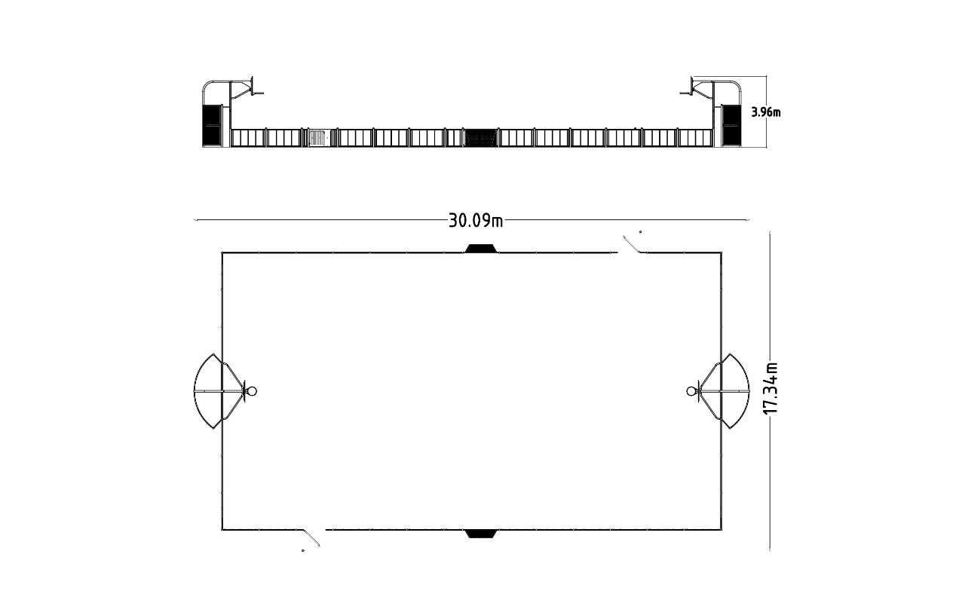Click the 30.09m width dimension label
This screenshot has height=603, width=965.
476,220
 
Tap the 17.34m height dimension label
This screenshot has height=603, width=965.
770,387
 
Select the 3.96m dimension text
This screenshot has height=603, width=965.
766,112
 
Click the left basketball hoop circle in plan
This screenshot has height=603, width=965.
252,390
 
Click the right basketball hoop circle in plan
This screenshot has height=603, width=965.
691,390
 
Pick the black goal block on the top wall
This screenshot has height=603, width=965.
480,249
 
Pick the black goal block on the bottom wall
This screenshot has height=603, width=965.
481,534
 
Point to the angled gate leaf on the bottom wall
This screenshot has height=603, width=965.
311,537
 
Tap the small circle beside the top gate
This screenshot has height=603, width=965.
641,232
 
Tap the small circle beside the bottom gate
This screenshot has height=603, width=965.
303,551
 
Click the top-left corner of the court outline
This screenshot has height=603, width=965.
222,253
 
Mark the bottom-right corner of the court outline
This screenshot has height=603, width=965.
721,530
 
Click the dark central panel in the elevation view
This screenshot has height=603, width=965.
480,138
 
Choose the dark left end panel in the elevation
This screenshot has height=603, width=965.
211,125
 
